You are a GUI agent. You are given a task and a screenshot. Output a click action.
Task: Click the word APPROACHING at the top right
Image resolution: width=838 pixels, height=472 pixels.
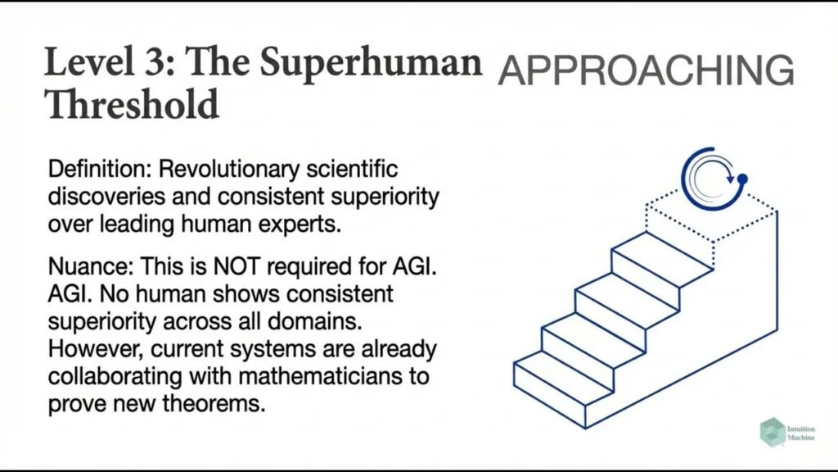(x=646, y=71)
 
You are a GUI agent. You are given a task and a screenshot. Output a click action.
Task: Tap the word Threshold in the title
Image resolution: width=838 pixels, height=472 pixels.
(x=132, y=104)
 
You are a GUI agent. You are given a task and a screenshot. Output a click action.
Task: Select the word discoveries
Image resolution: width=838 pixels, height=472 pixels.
(x=99, y=197)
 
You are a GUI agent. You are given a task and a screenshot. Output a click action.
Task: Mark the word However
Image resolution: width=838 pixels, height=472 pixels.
(x=86, y=347)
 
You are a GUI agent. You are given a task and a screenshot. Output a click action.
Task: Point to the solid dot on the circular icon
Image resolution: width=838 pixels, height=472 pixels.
(x=742, y=178)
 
